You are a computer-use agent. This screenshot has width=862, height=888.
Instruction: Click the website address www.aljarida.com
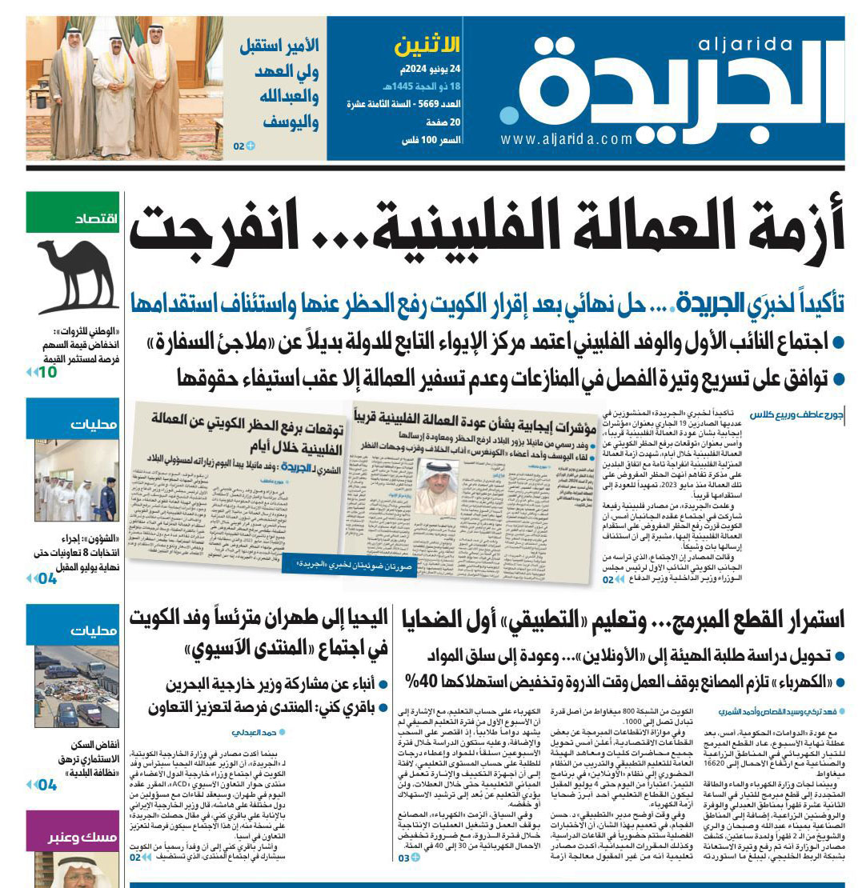(567, 140)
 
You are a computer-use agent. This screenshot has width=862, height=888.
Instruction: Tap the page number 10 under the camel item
(47, 371)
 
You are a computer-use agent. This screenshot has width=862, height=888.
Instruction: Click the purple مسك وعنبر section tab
(73, 838)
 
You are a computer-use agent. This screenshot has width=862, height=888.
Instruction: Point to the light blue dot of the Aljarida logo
(510, 116)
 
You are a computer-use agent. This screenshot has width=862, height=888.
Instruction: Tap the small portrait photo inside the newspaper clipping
(436, 487)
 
